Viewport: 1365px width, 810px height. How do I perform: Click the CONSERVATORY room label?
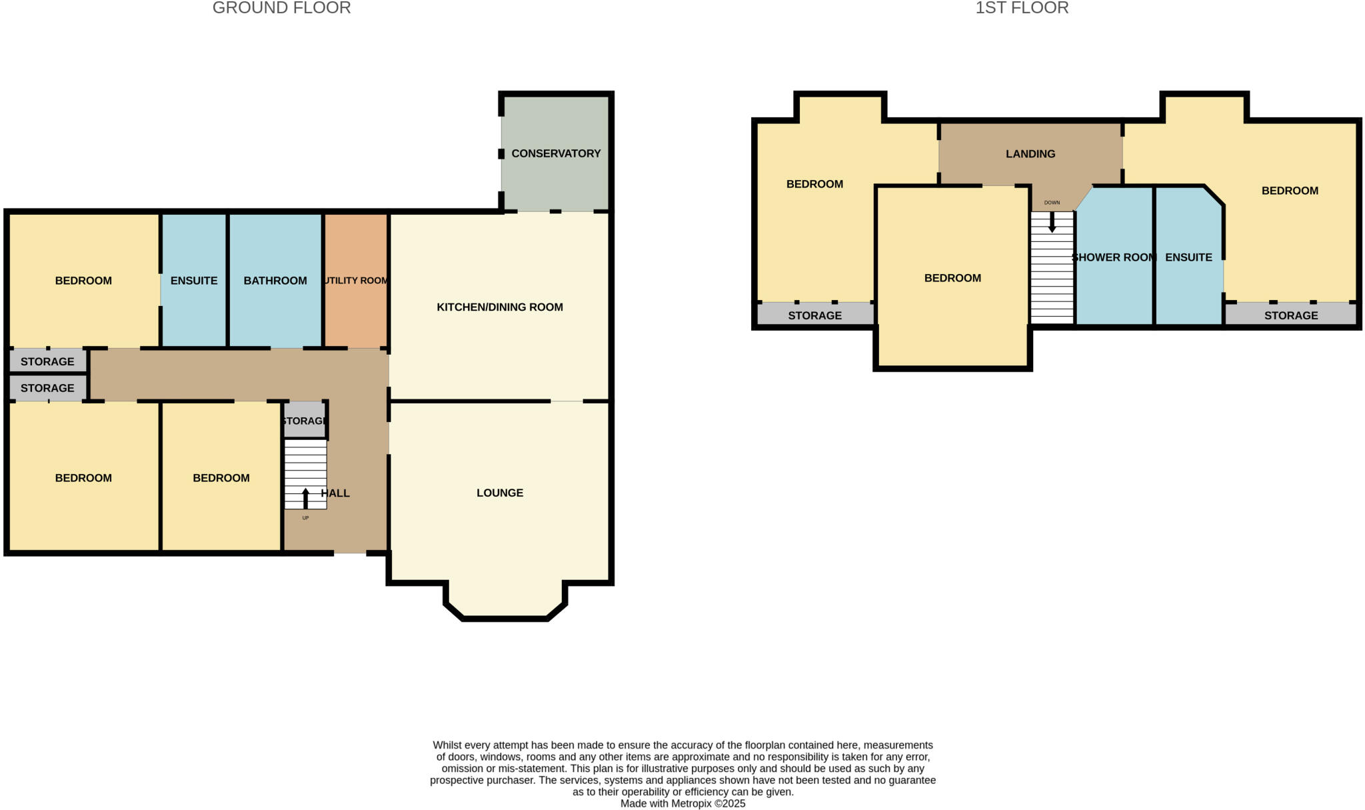click(x=556, y=153)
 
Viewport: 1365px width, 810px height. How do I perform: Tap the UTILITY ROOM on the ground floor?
click(x=356, y=281)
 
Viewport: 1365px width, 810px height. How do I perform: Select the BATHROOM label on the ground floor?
click(x=275, y=281)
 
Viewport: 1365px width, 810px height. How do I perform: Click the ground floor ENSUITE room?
click(x=194, y=281)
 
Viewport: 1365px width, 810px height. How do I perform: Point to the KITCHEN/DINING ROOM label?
click(x=500, y=307)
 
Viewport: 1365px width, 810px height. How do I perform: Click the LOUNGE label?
click(x=500, y=493)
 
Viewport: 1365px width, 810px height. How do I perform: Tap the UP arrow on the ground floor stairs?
click(x=306, y=497)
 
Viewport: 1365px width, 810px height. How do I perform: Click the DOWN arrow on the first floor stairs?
click(x=1052, y=222)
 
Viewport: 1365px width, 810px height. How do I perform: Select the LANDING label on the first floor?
click(x=1030, y=154)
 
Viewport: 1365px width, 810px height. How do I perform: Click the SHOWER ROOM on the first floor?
click(x=1114, y=257)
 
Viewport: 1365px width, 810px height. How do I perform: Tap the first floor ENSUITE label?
click(x=1188, y=257)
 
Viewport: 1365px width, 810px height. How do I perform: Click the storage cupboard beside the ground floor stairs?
click(x=305, y=421)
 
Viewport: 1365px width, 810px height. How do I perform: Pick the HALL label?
click(x=336, y=493)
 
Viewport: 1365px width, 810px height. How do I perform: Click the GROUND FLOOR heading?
click(x=281, y=8)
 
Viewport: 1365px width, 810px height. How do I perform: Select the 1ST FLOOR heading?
click(x=1022, y=8)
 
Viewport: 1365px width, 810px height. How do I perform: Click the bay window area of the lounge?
click(x=505, y=600)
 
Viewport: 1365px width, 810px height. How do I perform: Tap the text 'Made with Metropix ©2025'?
click(x=682, y=803)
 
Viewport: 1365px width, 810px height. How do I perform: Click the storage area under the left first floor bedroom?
click(x=814, y=315)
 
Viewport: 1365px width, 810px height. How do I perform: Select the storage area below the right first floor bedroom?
click(x=1290, y=315)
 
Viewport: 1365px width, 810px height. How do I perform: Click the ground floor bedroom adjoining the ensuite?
click(x=83, y=281)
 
